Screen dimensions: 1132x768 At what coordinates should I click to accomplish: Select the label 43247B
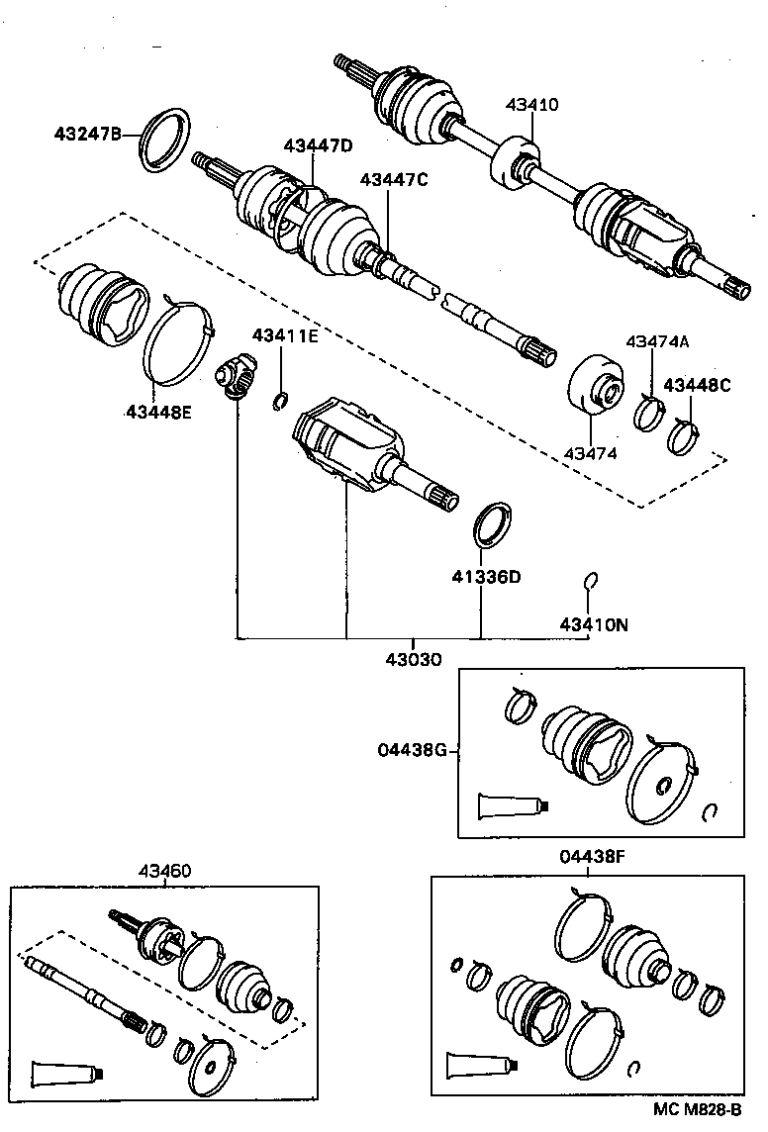pos(88,132)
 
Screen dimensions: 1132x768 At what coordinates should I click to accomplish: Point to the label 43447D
pos(318,145)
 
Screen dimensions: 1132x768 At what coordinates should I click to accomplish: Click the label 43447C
pos(393,179)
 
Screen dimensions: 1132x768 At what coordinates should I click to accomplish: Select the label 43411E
pos(284,335)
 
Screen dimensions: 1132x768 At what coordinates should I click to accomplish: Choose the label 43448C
pos(697,385)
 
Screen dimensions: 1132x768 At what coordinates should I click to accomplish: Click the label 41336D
pos(486,577)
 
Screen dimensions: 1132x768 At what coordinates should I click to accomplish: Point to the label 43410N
pos(594,624)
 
